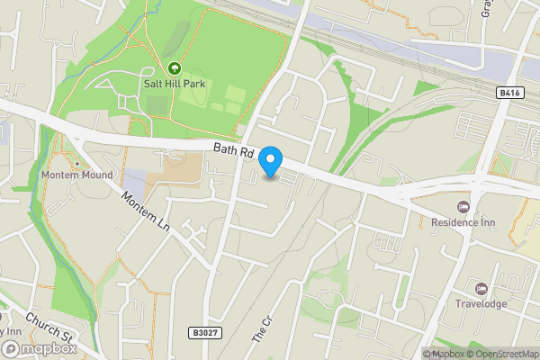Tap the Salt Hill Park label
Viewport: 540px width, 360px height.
173,83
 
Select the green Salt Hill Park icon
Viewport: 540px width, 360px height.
173,67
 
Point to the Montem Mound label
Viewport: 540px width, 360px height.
76,175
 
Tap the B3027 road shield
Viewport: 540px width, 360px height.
205,332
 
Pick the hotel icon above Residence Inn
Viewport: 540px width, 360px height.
463,207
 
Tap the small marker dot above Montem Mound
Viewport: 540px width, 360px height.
76,164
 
